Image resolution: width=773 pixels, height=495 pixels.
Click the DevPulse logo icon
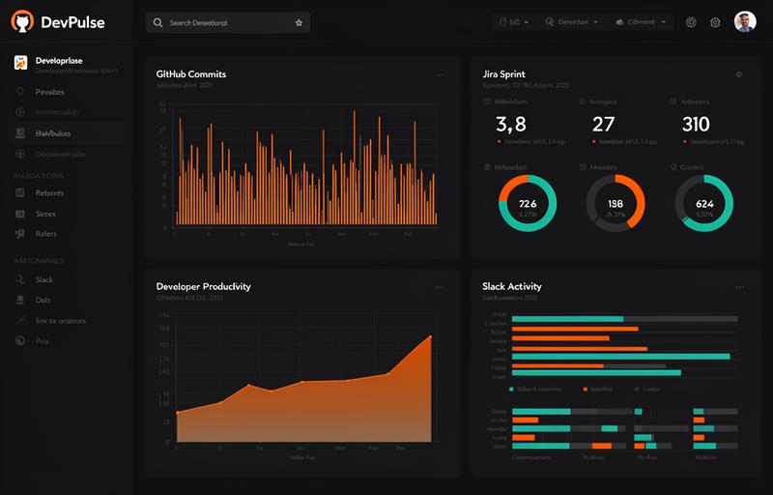[21, 21]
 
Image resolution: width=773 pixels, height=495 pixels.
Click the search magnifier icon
[158, 22]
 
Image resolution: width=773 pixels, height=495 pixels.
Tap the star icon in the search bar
[299, 22]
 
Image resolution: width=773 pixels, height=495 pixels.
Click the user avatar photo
[745, 22]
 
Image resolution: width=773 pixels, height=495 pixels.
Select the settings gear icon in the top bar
[716, 22]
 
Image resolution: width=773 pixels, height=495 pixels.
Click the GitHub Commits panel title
[191, 74]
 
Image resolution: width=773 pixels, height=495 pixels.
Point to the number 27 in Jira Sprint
[603, 124]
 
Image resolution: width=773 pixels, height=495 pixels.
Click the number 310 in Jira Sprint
[696, 124]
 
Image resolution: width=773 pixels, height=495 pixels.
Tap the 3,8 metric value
[510, 124]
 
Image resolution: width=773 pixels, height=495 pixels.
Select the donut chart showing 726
[528, 203]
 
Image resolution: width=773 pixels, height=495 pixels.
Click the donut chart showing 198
[616, 203]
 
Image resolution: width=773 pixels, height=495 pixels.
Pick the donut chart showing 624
[703, 203]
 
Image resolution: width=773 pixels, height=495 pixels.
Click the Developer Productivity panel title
[203, 286]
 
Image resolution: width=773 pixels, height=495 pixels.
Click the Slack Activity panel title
[512, 286]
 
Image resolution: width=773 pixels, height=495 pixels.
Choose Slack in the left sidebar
[44, 279]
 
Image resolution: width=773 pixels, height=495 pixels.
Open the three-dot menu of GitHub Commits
[441, 74]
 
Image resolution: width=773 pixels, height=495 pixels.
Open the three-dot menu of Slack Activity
[739, 287]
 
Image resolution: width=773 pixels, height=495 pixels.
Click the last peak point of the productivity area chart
[430, 336]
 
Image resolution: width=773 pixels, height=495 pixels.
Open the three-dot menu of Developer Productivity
[441, 287]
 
